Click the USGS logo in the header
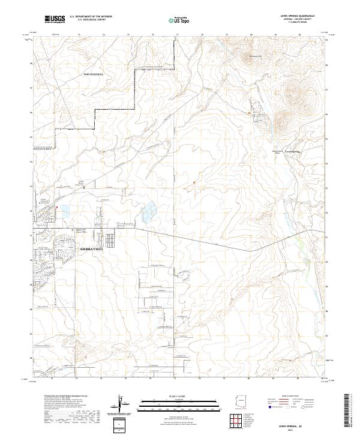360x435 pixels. [55, 20]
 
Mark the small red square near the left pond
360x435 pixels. [56, 208]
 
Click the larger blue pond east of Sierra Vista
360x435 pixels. [148, 211]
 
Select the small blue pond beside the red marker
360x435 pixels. [63, 211]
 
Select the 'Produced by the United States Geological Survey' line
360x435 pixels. [64, 397]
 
